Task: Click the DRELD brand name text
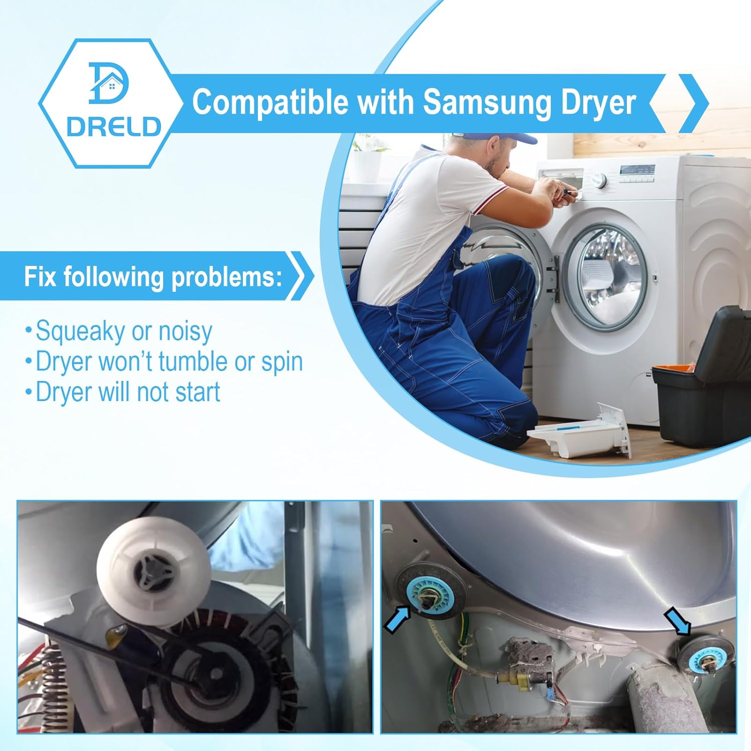pos(114,127)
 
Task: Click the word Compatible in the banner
pos(270,102)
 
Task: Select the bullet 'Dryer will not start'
pos(123,392)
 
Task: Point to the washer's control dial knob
pos(598,180)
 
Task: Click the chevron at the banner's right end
pos(693,103)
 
